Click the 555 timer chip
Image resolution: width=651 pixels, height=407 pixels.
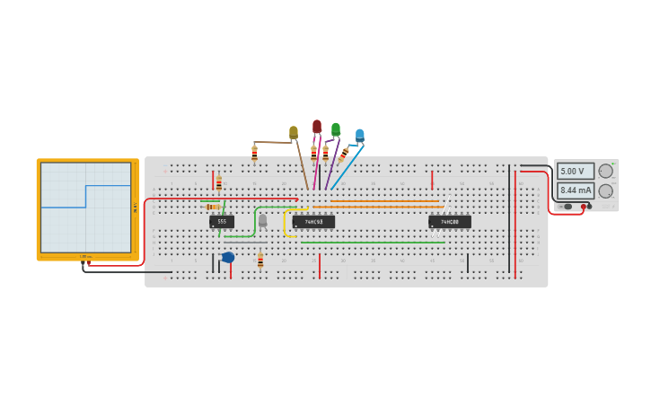pos(222,221)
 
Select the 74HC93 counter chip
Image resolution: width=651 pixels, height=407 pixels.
pos(313,221)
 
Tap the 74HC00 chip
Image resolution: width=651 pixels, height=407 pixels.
pos(450,221)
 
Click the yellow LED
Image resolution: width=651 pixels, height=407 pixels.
pos(294,133)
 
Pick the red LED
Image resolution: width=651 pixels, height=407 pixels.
pos(317,127)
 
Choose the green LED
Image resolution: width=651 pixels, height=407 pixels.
pos(336,129)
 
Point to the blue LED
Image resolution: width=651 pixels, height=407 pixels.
pos(360,135)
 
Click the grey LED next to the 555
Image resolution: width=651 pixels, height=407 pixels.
pos(262,219)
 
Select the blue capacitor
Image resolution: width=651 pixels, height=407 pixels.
pos(228,257)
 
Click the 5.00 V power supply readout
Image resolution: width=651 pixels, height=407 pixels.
pos(575,171)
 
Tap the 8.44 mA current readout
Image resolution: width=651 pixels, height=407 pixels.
pos(575,190)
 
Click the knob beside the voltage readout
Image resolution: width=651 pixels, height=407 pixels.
pos(606,171)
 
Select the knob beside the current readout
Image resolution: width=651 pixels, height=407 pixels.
pos(606,190)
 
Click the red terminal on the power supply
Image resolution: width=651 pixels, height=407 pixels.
pos(584,207)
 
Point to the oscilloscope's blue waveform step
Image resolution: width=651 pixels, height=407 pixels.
pos(86,196)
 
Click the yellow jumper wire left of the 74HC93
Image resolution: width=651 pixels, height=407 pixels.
pos(286,225)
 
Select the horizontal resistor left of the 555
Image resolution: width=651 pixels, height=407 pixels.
pos(213,207)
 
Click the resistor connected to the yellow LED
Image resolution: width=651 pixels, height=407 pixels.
pos(254,153)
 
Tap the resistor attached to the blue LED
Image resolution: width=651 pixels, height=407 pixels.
pos(343,155)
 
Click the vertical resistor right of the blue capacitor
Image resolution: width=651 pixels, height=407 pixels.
pos(260,261)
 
